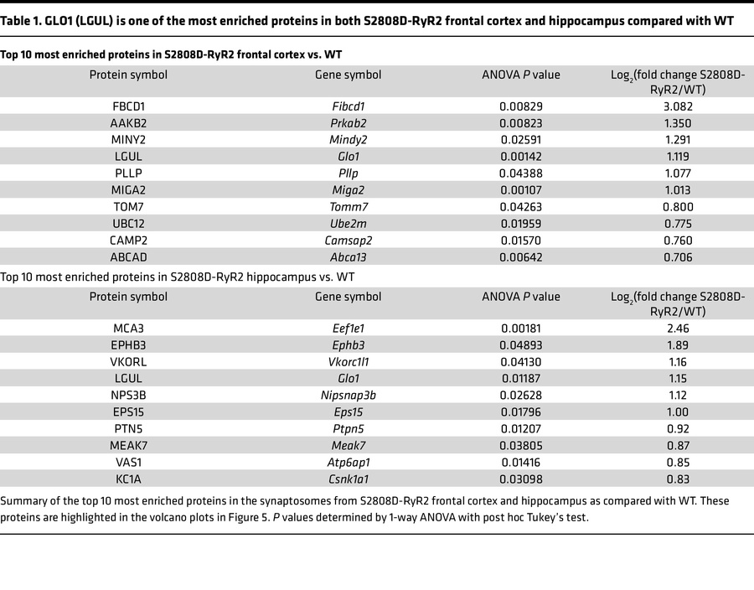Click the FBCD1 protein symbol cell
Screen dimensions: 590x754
tap(128, 106)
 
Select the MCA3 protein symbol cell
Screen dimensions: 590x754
tap(128, 329)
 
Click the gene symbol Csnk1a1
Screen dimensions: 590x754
tap(348, 479)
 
